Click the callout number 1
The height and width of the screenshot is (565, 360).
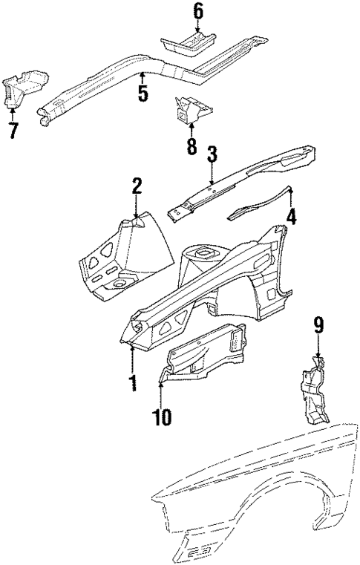tap(132, 383)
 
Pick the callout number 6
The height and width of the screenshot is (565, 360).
tap(197, 11)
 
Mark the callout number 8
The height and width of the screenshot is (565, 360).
tap(192, 146)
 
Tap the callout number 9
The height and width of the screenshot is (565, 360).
tap(318, 324)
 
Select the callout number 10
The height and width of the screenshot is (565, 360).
tap(162, 417)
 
